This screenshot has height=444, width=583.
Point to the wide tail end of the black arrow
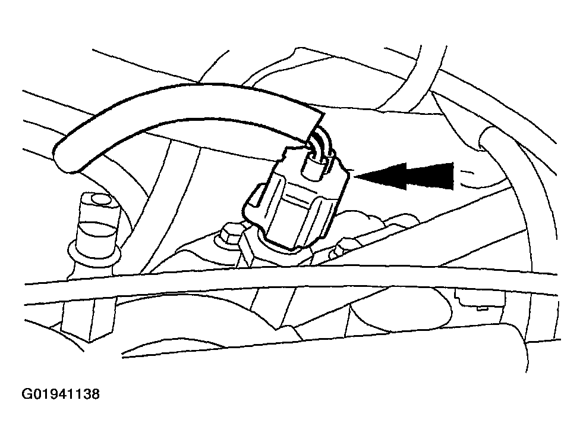pos(453,176)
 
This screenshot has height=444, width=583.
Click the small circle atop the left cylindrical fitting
pos(101,201)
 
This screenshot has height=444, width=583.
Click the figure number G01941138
pos(61,394)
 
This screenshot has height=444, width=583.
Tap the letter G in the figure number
pos(27,394)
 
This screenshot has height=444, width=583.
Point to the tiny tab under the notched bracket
pos(482,308)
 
